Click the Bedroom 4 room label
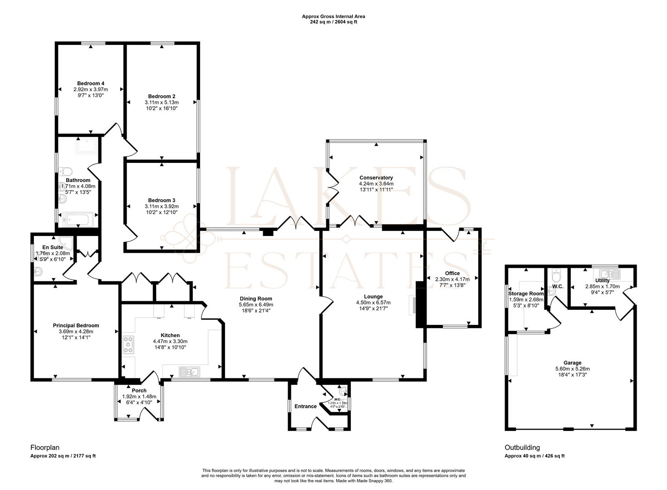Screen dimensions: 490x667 pyautogui.click(x=91, y=83)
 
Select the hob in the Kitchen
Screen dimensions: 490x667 pyautogui.click(x=128, y=345)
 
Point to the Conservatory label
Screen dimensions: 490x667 pyautogui.click(x=376, y=177)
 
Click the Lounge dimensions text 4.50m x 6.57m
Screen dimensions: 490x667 pyautogui.click(x=373, y=303)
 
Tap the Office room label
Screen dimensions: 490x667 pyautogui.click(x=452, y=273)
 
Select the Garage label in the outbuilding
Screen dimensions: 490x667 pyautogui.click(x=572, y=363)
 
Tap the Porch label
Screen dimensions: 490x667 pyautogui.click(x=139, y=391)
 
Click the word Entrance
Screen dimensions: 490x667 pyautogui.click(x=305, y=406)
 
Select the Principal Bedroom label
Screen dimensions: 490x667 pyautogui.click(x=76, y=325)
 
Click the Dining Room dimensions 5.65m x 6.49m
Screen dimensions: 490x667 pyautogui.click(x=256, y=305)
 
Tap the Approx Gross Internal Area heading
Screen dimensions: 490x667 pyautogui.click(x=333, y=16)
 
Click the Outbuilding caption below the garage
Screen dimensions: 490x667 pyautogui.click(x=522, y=447)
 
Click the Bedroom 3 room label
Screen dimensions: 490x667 pyautogui.click(x=162, y=200)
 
